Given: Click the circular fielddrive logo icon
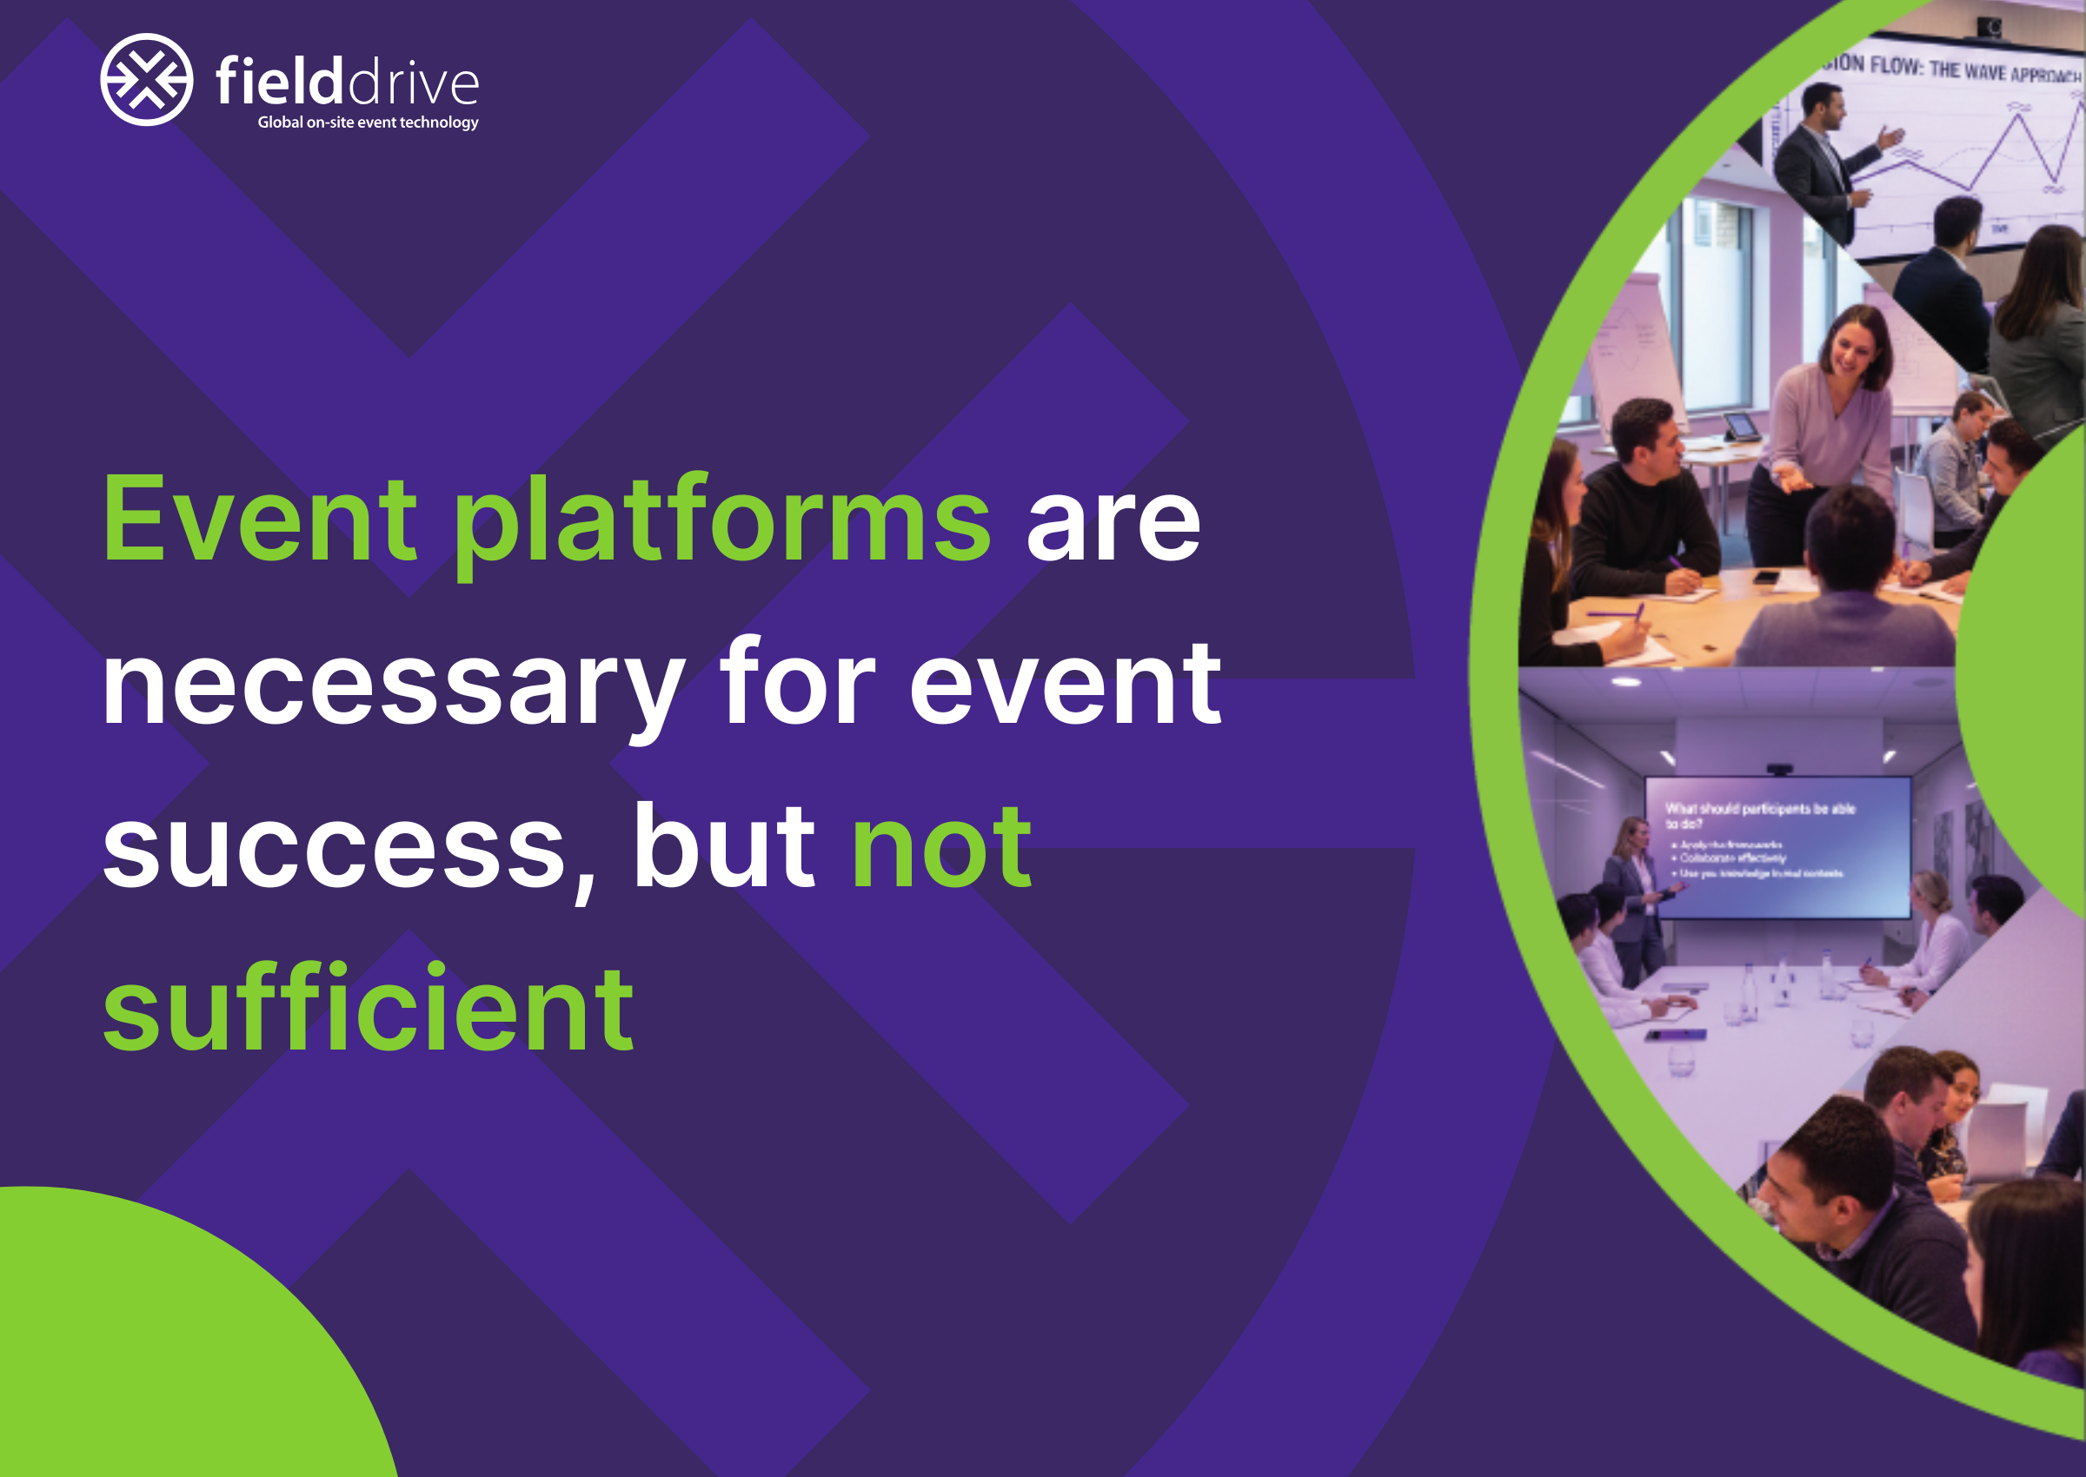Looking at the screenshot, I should point(147,79).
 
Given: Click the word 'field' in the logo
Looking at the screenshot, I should point(279,81).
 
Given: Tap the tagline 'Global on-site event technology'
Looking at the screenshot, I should point(368,122).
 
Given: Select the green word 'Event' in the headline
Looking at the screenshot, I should point(260,521).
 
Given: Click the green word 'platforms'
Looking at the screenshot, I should point(721,523).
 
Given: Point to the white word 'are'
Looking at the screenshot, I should point(1113,525).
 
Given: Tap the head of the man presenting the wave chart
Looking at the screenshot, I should point(1824,105).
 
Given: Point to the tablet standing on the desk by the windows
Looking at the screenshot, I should point(1741,426).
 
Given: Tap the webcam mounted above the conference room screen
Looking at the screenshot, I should point(1778,770).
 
